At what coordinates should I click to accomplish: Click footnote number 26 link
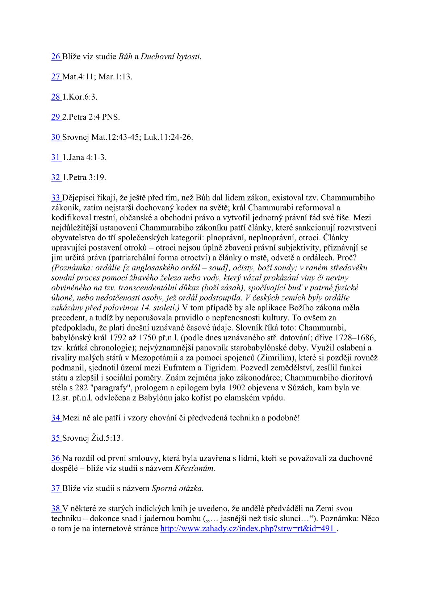click(56, 57)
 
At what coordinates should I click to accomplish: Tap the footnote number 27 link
click(56, 77)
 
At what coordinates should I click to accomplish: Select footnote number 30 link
click(56, 137)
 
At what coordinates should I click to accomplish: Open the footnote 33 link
click(56, 198)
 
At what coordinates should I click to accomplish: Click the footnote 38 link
click(56, 509)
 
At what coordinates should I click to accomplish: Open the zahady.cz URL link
click(248, 528)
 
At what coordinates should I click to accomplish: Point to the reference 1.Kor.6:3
click(80, 97)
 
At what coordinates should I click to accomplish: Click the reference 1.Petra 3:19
click(84, 178)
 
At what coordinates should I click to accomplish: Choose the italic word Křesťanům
click(194, 468)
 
